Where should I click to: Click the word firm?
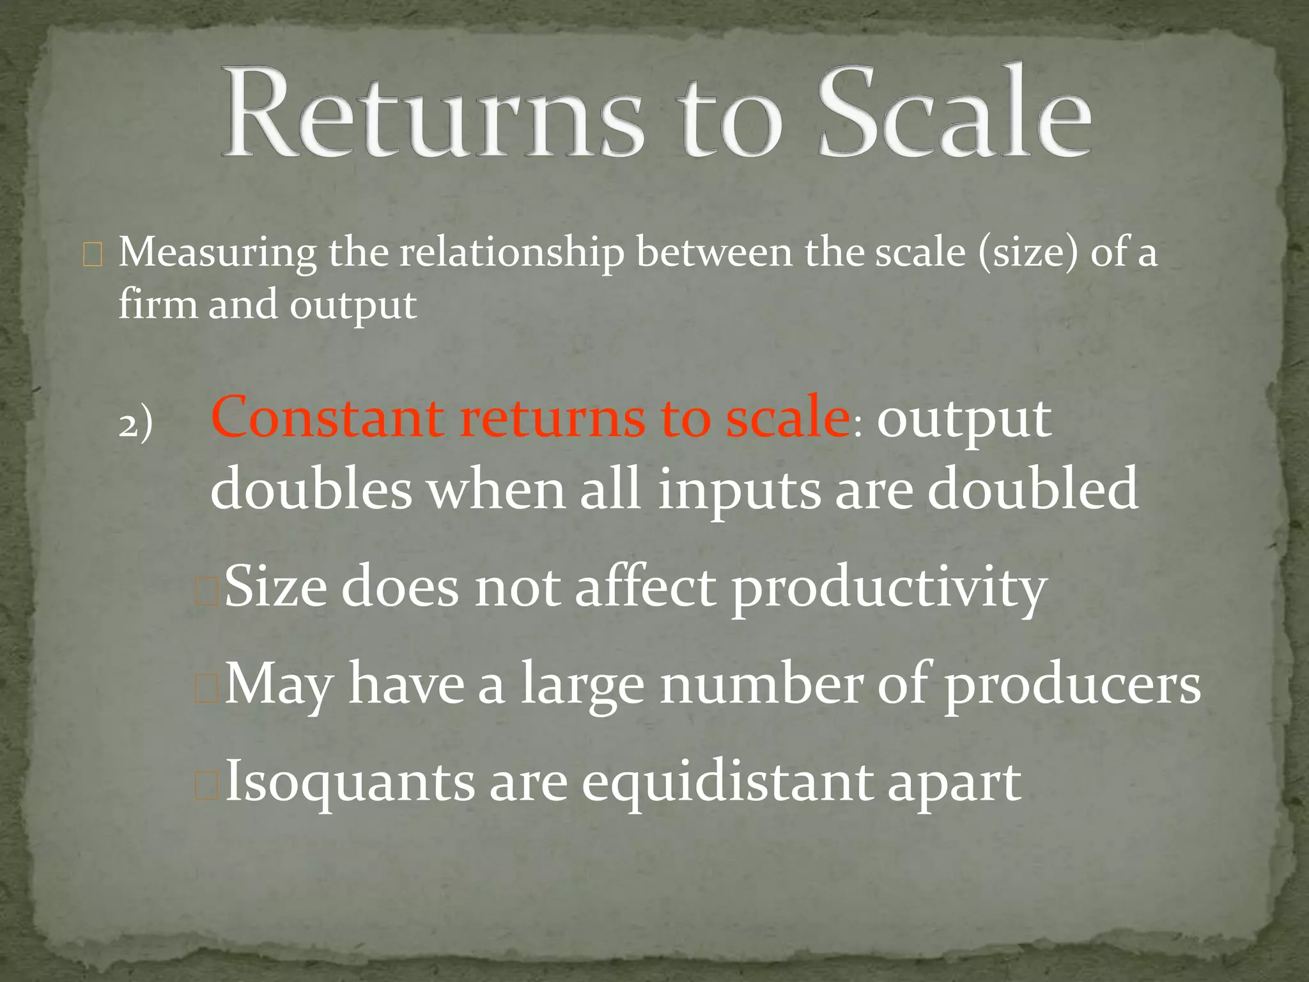(x=157, y=304)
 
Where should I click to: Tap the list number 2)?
(x=136, y=424)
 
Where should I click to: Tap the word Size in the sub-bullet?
(x=275, y=586)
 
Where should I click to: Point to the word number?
(x=761, y=684)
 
